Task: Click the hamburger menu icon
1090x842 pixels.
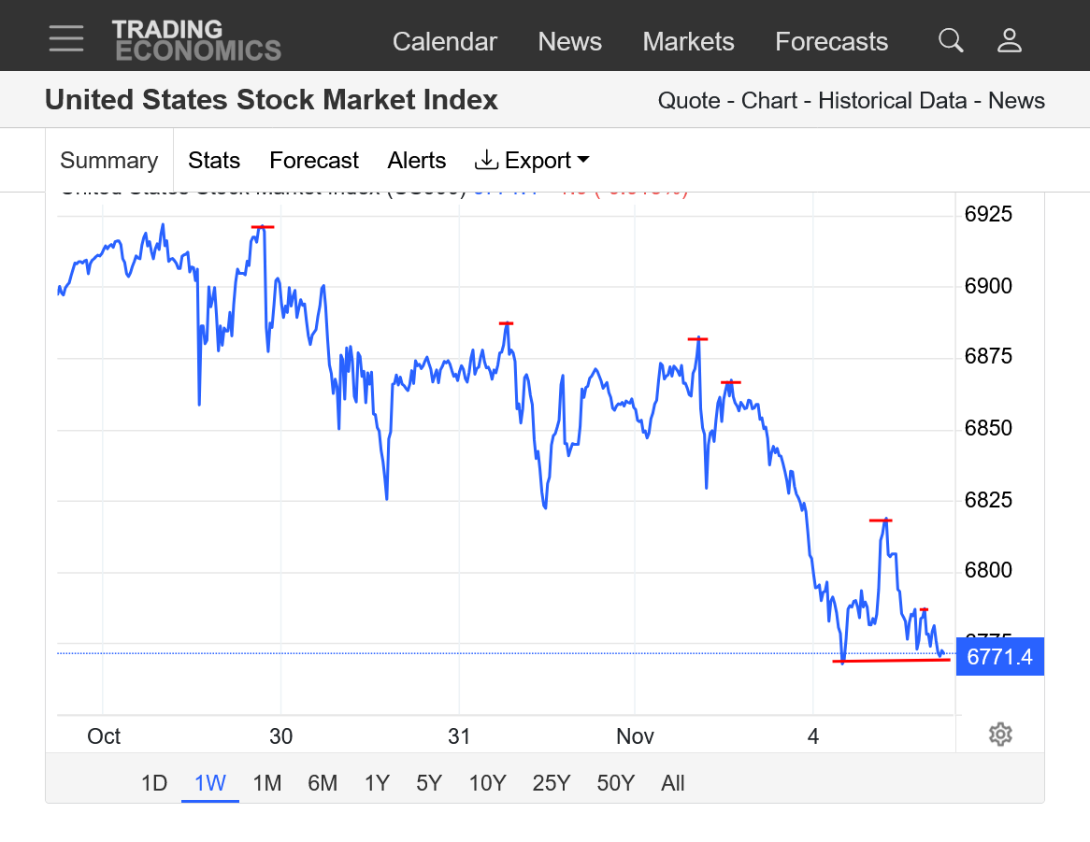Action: click(x=66, y=39)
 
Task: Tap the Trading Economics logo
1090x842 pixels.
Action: click(x=196, y=40)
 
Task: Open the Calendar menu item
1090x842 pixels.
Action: click(x=444, y=42)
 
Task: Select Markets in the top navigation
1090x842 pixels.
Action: click(x=688, y=42)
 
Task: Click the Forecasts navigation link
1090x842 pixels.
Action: click(x=831, y=42)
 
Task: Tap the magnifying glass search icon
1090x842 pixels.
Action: click(x=951, y=40)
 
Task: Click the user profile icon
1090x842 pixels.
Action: click(x=1010, y=40)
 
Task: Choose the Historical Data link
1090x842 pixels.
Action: click(x=892, y=101)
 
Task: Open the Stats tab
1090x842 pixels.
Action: click(x=214, y=161)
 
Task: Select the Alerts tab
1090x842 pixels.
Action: click(x=417, y=161)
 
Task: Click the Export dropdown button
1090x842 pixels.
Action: click(x=532, y=161)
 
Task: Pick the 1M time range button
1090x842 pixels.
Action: click(x=267, y=783)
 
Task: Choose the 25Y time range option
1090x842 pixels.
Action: click(x=551, y=783)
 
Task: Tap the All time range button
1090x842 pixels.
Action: click(x=672, y=783)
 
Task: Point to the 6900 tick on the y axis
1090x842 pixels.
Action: click(x=988, y=286)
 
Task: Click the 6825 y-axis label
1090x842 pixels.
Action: click(x=988, y=500)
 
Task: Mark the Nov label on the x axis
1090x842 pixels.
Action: click(x=635, y=736)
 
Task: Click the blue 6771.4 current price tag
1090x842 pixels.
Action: click(x=999, y=657)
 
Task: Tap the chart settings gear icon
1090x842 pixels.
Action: click(x=1000, y=735)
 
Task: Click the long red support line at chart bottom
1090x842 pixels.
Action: click(x=891, y=661)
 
